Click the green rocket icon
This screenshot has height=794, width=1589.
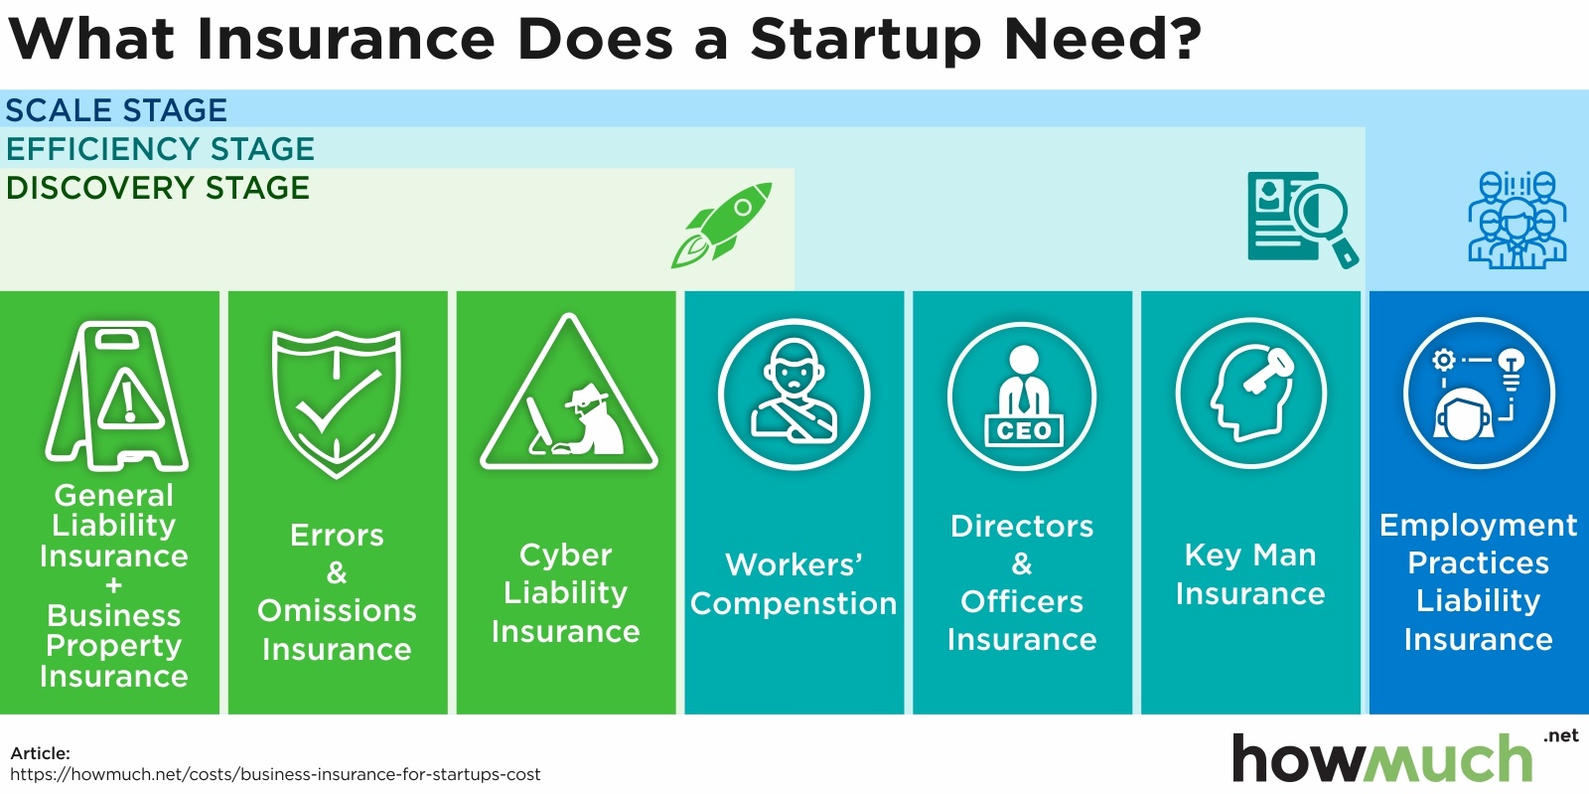coord(721,225)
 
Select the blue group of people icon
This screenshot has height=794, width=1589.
coord(1517,220)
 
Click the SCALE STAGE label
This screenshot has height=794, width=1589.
coord(116,110)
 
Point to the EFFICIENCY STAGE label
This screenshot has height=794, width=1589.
coord(160,149)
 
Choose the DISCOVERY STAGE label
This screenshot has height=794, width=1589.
coord(158,188)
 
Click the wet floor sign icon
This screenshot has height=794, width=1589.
coord(116,396)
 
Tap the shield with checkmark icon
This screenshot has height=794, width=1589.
coord(337,403)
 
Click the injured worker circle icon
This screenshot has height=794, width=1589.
coord(794,394)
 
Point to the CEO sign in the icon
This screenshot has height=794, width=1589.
coord(1024,430)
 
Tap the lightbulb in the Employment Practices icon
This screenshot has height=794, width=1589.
coord(1512,369)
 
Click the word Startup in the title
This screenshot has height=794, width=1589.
coord(866,41)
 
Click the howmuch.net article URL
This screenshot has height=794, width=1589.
coord(275,774)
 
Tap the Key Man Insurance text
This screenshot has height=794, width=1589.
coord(1250,574)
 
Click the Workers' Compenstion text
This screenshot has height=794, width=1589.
coord(794,584)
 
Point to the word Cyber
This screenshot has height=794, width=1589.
coord(565,555)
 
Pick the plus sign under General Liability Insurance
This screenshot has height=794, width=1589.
coord(113,585)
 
